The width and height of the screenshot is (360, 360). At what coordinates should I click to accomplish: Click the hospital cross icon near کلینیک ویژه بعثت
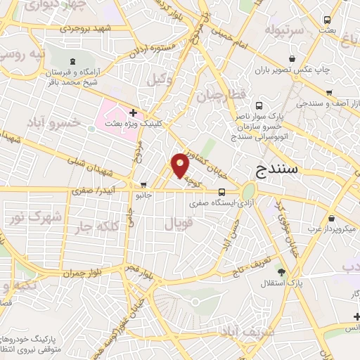point(132,112)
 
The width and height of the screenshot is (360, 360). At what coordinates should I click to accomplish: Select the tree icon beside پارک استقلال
point(283,272)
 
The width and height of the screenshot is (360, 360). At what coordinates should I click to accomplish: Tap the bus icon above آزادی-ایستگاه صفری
point(221,191)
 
